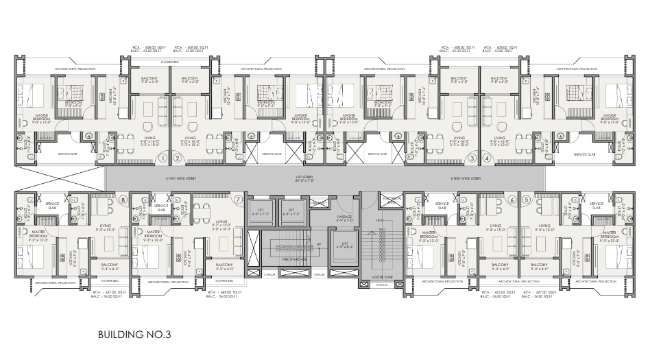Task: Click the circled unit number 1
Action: click(163, 158)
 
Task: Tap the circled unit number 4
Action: click(486, 158)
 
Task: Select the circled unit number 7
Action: click(238, 200)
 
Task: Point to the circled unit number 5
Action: click(526, 200)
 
